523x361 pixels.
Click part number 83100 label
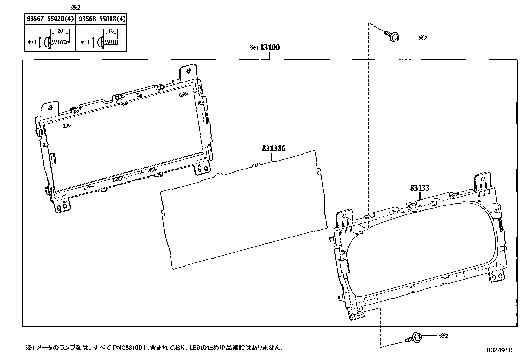(x=270, y=48)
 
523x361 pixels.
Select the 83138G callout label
(x=274, y=148)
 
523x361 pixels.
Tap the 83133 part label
(x=419, y=188)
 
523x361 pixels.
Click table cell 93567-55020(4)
(x=50, y=19)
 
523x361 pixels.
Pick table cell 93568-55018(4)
(x=102, y=19)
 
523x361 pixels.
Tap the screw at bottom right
(x=415, y=337)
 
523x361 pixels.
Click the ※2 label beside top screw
(x=423, y=38)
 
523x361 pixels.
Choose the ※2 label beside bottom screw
(x=443, y=336)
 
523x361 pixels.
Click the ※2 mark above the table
(x=76, y=7)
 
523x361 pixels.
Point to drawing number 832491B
(x=499, y=350)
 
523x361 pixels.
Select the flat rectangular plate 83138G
(x=243, y=210)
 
